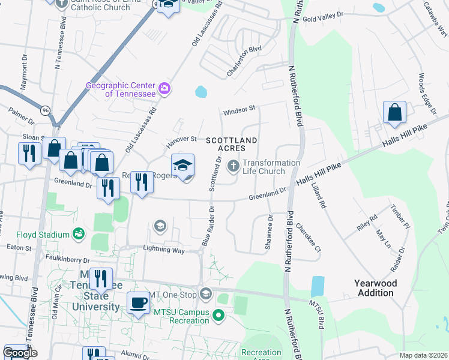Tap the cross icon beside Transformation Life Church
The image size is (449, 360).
click(234, 167)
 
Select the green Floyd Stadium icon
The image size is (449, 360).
click(78, 233)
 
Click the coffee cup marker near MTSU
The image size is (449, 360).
click(138, 302)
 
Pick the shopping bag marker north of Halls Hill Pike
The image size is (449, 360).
click(394, 112)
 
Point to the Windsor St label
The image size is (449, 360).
click(240, 109)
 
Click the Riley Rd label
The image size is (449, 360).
click(366, 217)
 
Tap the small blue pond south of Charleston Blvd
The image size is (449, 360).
click(201, 92)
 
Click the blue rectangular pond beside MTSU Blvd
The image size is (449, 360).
click(317, 287)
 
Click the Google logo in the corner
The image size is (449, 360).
click(20, 353)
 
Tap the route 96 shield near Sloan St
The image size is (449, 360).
click(45, 110)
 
